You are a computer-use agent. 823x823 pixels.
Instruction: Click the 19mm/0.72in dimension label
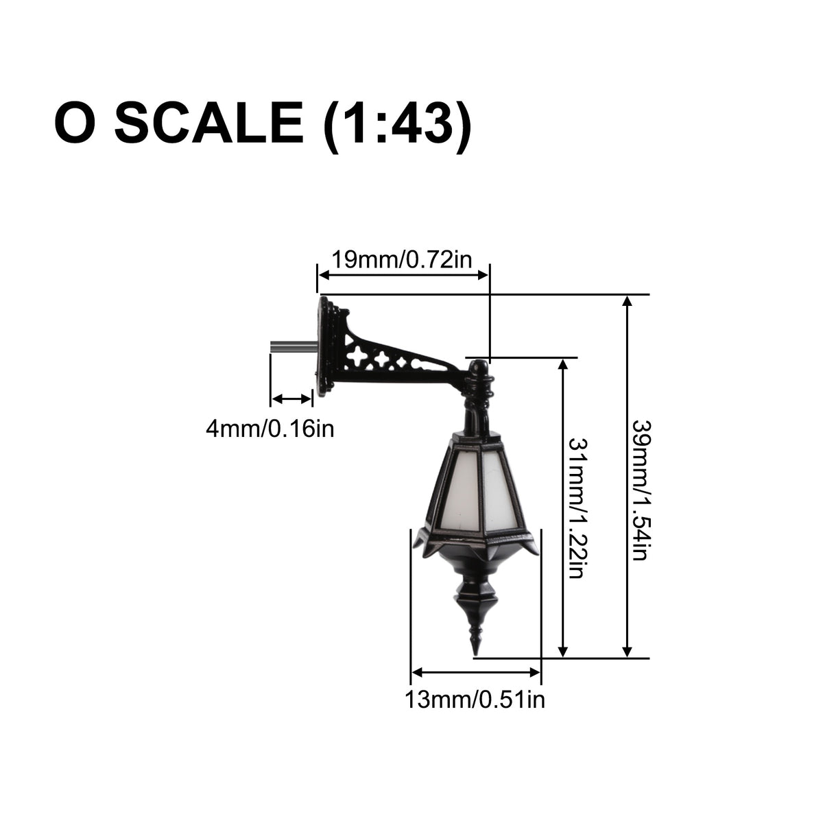pos(401,260)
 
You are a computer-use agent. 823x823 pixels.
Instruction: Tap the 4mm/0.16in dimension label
pos(270,429)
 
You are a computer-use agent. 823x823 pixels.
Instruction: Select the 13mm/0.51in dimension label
pos(475,700)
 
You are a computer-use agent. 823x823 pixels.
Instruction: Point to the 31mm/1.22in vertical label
pos(577,508)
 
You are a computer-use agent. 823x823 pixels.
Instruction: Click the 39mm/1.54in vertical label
pos(640,490)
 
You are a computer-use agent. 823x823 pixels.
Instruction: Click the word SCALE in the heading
pos(209,123)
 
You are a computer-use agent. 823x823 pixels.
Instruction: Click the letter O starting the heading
pos(75,123)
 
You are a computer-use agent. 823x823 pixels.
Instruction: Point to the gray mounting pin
pos(294,346)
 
